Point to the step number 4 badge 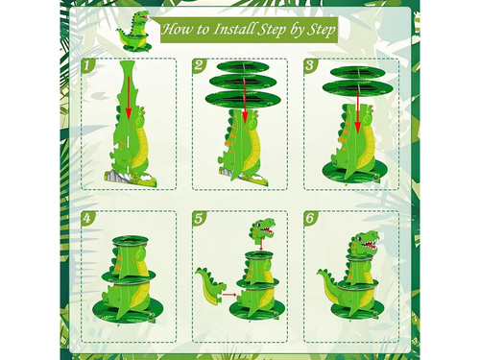coord(87,218)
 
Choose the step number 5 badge coord(199,218)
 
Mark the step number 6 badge coord(309,218)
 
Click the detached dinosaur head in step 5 coord(260,231)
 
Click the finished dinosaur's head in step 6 coord(364,242)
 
